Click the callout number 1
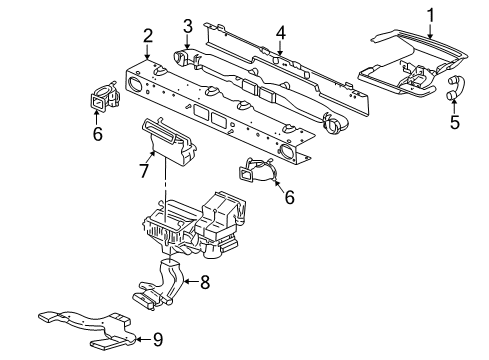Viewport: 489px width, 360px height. point(431,15)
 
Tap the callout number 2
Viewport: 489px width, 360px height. point(147,39)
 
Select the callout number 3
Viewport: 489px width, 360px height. point(188,25)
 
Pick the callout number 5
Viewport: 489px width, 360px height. point(455,125)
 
